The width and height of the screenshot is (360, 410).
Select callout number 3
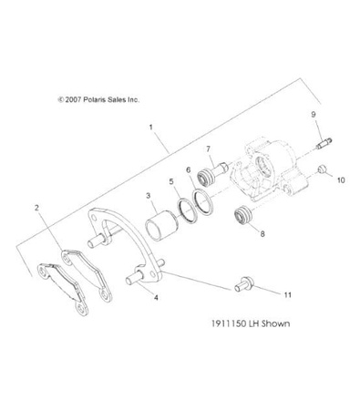pos(147,195)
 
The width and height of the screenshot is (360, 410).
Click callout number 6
pos(188,170)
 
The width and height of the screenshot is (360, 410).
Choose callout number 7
pos(208,149)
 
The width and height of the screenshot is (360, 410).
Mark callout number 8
pos(264,234)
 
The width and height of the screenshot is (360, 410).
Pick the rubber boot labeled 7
pos(218,171)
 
